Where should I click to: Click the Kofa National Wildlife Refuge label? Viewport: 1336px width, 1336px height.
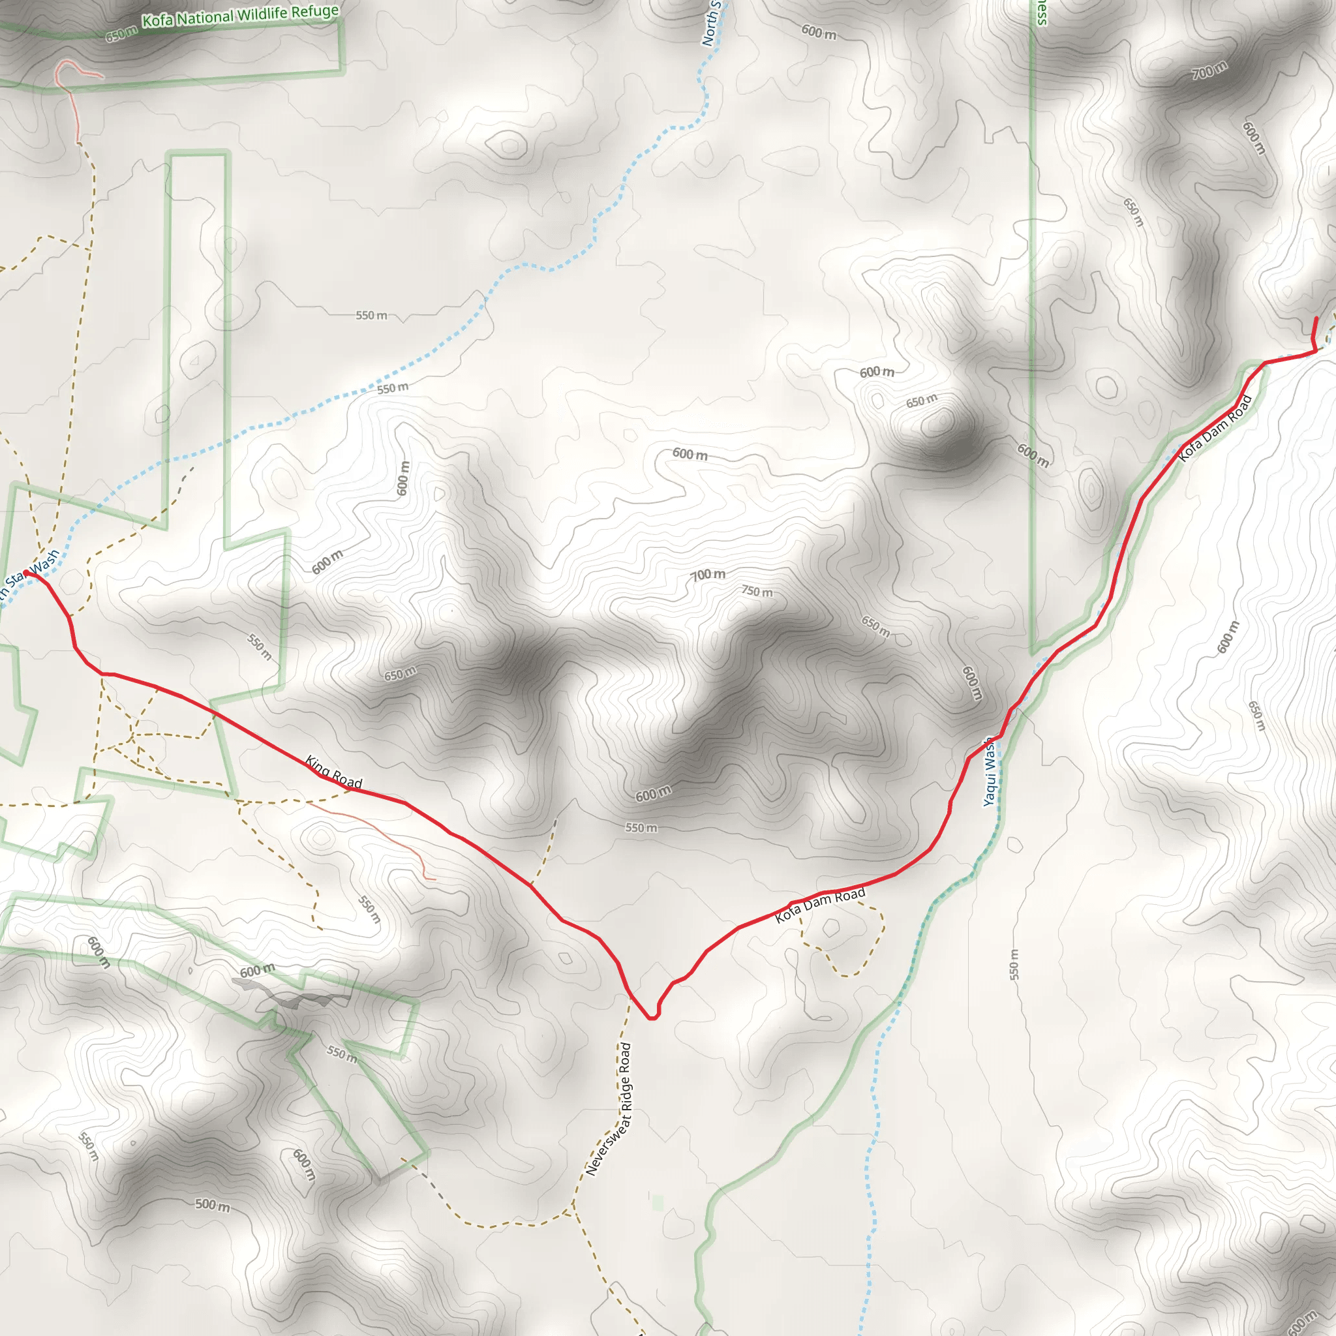pos(240,16)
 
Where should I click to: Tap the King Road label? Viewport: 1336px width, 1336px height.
pos(333,772)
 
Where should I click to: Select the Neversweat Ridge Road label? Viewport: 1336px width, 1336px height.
pos(609,1109)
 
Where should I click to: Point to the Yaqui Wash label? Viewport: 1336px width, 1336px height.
pos(990,771)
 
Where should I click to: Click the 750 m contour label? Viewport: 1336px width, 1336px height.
pos(757,591)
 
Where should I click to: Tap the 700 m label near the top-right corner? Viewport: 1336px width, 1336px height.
pos(1209,70)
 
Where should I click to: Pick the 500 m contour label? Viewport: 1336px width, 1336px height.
pos(212,1206)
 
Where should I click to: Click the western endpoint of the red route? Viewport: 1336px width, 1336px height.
pos(26,573)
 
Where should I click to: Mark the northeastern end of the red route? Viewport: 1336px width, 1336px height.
pos(1315,318)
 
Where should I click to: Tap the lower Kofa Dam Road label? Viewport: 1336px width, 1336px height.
pos(820,906)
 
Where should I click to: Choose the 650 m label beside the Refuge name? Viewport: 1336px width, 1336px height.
pos(122,35)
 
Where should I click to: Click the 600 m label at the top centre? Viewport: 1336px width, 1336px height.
pos(819,32)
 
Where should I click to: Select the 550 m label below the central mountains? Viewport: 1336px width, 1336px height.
pos(641,828)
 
